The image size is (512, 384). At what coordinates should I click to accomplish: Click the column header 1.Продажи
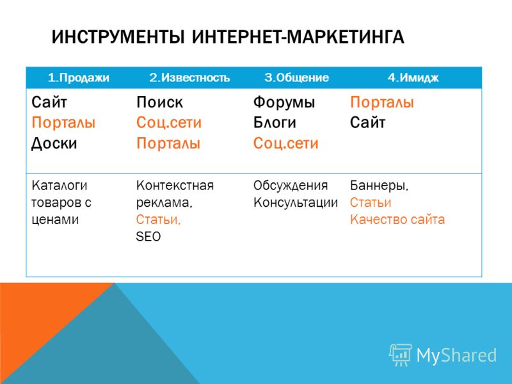click(x=78, y=77)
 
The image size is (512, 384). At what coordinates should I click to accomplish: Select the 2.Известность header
click(x=189, y=77)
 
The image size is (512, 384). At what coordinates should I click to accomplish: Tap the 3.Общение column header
click(x=296, y=77)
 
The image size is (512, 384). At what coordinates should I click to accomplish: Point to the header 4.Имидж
click(x=413, y=77)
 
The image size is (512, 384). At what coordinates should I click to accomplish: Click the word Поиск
click(x=159, y=102)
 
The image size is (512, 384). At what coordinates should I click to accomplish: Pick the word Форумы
click(x=284, y=103)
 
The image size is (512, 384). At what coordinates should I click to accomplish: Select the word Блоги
click(x=275, y=123)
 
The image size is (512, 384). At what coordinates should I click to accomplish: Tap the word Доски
click(x=54, y=143)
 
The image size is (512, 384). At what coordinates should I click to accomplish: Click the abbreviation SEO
click(x=148, y=236)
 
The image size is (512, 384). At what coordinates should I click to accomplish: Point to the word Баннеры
click(x=379, y=186)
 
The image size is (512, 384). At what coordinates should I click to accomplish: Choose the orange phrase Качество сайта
click(x=397, y=220)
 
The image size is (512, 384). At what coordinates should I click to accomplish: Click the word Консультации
click(x=296, y=203)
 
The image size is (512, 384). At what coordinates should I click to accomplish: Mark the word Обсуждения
click(x=291, y=186)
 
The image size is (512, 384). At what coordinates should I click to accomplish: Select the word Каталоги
click(x=60, y=186)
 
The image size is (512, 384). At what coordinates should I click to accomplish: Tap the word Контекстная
click(x=175, y=186)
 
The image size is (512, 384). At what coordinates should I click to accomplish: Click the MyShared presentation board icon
click(x=401, y=355)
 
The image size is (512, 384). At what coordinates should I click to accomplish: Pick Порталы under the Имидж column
click(x=382, y=102)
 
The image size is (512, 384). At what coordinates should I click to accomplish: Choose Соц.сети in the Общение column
click(x=285, y=143)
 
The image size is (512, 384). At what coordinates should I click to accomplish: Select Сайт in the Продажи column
click(x=49, y=102)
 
